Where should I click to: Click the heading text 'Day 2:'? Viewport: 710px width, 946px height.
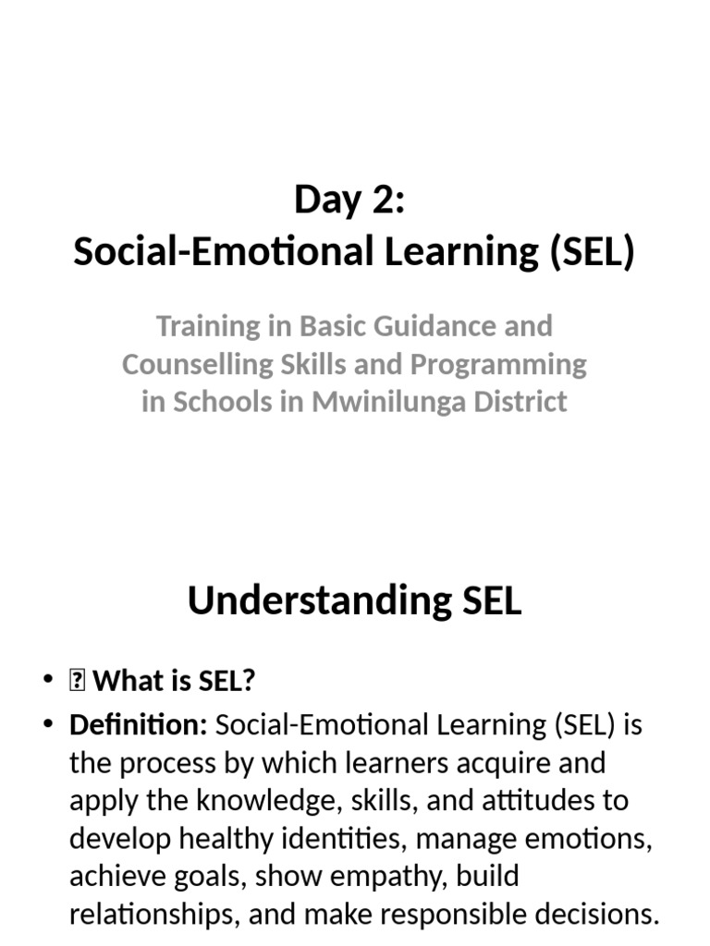click(349, 200)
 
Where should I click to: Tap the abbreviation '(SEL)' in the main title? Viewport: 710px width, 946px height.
click(592, 251)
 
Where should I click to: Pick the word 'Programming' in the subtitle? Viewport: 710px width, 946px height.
click(498, 364)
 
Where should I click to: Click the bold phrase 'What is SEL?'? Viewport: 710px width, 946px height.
click(175, 682)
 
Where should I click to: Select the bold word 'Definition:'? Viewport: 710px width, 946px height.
click(138, 725)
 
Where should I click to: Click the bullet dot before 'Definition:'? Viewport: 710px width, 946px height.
click(49, 725)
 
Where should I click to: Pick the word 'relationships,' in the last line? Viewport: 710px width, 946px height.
click(153, 914)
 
